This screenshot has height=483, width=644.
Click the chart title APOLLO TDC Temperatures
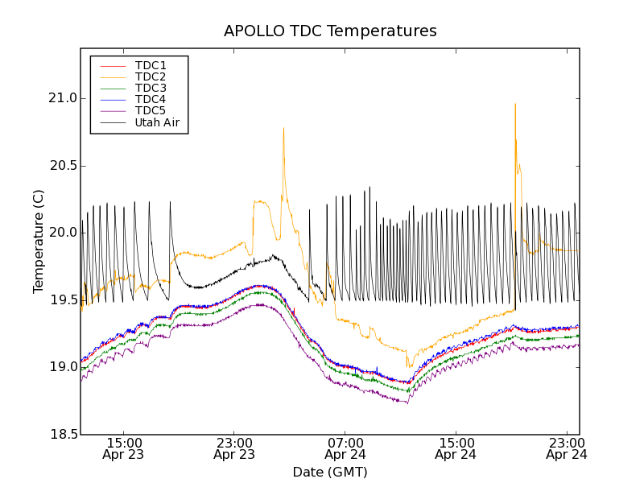point(330,31)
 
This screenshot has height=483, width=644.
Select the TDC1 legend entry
point(151,65)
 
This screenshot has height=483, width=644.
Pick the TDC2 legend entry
point(151,76)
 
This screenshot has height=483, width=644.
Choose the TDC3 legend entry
point(151,88)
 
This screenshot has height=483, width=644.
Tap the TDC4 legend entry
point(151,99)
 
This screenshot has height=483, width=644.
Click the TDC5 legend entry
point(151,111)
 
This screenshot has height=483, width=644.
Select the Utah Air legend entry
point(156,122)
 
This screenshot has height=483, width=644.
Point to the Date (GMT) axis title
point(330,472)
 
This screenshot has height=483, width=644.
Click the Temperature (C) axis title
point(39,242)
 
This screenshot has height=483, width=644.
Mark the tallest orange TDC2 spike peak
point(515,104)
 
